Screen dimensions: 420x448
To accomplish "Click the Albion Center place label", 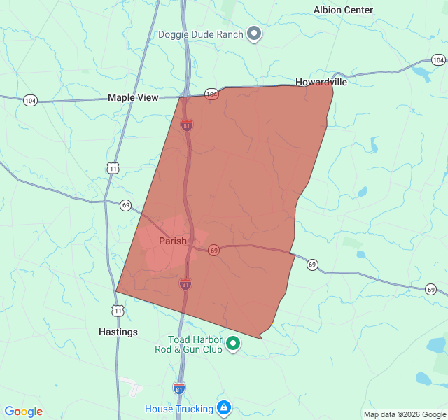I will (343, 10).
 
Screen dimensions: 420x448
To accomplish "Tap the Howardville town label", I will (321, 82).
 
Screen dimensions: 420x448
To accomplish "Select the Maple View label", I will (133, 98).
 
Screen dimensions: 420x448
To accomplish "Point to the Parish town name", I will (172, 241).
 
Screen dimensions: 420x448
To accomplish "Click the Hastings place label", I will (118, 332).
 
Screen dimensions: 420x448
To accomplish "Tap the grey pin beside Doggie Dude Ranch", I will (255, 34).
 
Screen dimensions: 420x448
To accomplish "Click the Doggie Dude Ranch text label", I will (200, 34).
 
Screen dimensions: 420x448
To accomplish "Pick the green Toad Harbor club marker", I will (234, 343).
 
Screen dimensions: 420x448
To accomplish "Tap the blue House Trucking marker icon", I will (223, 407).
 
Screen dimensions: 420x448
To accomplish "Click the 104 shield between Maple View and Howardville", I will (211, 93).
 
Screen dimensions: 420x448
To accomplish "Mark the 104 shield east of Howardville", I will (438, 61).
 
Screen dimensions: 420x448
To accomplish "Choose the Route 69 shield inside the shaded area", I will (213, 250).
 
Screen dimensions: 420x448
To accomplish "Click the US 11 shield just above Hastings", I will (118, 310).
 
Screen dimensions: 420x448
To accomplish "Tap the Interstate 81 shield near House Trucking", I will (179, 387).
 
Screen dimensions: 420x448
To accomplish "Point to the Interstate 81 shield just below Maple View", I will (186, 125).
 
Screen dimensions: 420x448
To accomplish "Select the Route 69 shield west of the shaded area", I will (125, 205).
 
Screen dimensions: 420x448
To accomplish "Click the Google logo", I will (23, 412).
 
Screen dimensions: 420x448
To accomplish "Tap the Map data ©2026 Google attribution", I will (404, 414).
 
